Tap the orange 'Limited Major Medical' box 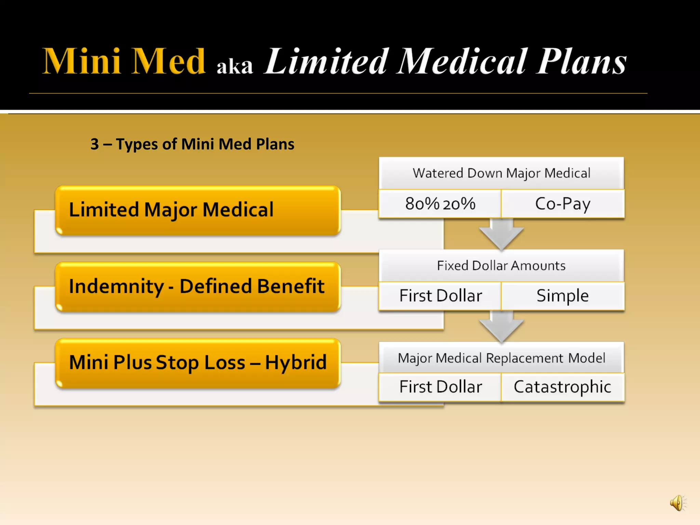[198, 210]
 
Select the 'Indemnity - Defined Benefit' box [198, 286]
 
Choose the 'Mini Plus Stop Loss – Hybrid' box [198, 363]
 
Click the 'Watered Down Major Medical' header [501, 173]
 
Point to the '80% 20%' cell [440, 204]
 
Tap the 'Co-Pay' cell [563, 204]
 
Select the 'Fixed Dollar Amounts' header [501, 266]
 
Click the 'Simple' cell [563, 296]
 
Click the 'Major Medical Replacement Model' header [501, 358]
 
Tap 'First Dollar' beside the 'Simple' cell [440, 296]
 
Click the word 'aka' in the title [234, 66]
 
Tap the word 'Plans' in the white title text [581, 62]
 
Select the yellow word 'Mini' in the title [81, 62]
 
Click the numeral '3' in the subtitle [95, 144]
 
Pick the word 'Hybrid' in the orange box [296, 363]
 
